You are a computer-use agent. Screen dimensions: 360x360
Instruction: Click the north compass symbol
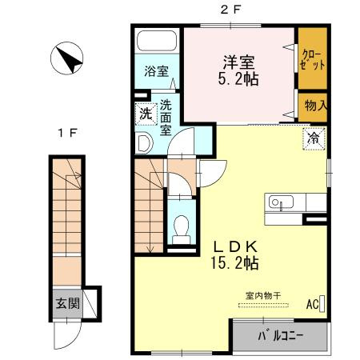(x=66, y=58)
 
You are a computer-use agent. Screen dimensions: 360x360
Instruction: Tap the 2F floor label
(x=230, y=10)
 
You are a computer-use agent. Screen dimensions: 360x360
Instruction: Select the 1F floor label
(x=67, y=133)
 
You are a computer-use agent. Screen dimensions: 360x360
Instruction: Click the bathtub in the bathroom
(x=157, y=41)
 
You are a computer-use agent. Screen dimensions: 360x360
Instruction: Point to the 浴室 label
(x=157, y=71)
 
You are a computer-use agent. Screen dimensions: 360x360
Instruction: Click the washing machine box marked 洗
(x=146, y=114)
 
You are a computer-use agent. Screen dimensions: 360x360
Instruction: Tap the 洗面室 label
(x=166, y=118)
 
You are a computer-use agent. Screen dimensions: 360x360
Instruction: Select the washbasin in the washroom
(x=144, y=143)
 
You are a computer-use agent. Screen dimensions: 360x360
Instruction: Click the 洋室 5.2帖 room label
(x=238, y=70)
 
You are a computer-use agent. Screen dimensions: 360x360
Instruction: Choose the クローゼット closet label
(x=313, y=59)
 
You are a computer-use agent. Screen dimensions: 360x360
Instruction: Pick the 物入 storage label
(x=316, y=106)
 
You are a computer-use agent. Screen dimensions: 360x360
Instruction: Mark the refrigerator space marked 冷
(x=314, y=138)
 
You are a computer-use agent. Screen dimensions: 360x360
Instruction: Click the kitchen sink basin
(x=281, y=202)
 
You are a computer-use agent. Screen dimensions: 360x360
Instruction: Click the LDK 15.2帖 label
(x=234, y=255)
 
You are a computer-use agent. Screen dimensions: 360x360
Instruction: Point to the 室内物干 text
(x=263, y=296)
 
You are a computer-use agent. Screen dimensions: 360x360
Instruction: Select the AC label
(x=312, y=304)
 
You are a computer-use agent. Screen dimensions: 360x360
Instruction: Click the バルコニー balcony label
(x=280, y=336)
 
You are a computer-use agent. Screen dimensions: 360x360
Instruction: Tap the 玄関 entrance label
(x=68, y=303)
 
